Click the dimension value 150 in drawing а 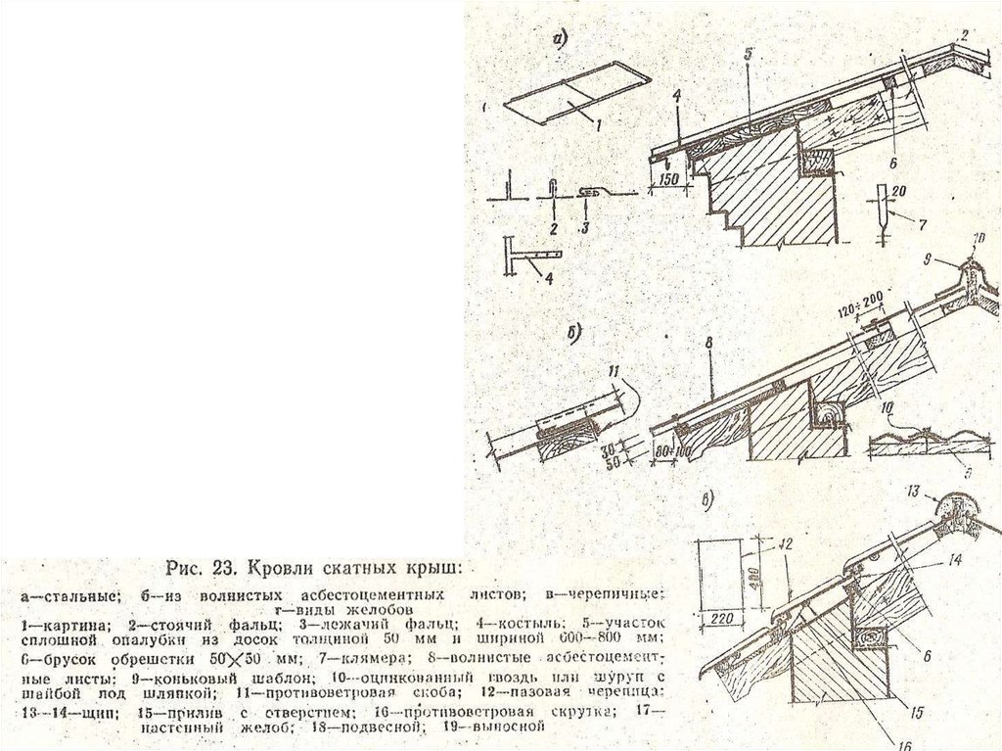[x=667, y=180]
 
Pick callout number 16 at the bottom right [x=904, y=744]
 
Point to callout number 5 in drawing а [x=747, y=56]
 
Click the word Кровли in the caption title [x=282, y=567]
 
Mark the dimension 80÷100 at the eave [x=669, y=452]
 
